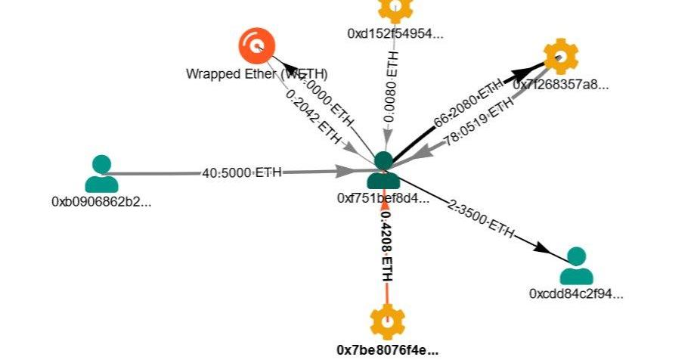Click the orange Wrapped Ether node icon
256,45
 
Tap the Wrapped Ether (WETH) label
257,74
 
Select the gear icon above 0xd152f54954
395,8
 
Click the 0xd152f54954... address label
395,33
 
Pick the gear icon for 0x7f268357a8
561,56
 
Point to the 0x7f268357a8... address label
561,84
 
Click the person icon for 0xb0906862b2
101,173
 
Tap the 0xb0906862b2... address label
101,202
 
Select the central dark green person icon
383,170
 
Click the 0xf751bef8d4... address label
383,198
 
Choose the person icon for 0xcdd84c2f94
576,265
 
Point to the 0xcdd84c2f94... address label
576,293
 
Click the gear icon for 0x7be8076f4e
387,321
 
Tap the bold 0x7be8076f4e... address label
387,349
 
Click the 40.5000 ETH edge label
242,173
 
